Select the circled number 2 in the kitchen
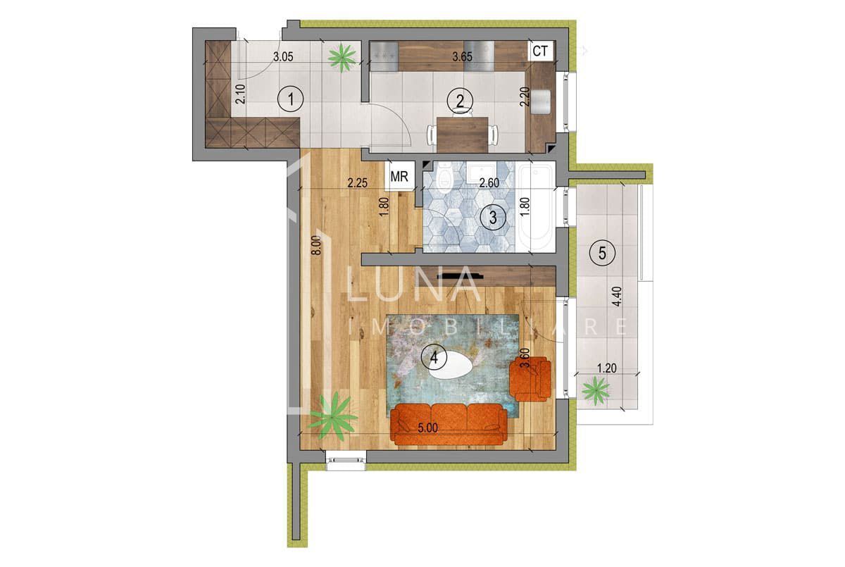click(x=460, y=101)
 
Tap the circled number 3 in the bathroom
click(x=493, y=218)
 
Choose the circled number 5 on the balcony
click(x=601, y=252)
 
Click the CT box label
click(x=540, y=51)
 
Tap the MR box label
click(x=400, y=177)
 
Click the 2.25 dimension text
click(x=358, y=183)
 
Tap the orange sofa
click(x=449, y=424)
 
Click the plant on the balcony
click(x=596, y=390)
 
